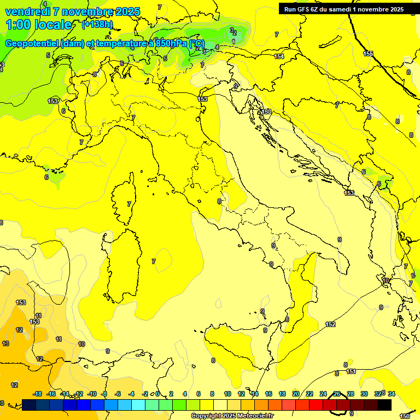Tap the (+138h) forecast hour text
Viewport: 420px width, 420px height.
pos(97,25)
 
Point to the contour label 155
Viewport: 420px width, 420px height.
pos(368,54)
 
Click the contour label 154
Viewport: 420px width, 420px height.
pos(279,56)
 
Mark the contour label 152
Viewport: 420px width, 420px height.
pos(330,324)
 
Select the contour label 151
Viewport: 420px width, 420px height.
pos(351,371)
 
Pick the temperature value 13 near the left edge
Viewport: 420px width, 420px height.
pos(5,343)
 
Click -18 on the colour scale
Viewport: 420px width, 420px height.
pos(38,394)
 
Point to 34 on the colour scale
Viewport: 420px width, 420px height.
pos(392,394)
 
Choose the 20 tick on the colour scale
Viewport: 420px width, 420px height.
pos(295,394)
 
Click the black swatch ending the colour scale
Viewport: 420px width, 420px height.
pos(384,405)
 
